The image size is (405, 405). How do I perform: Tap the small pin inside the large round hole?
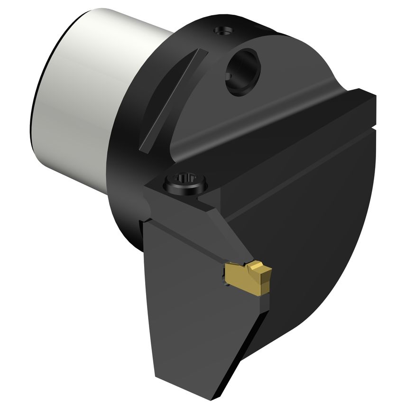click(231, 76)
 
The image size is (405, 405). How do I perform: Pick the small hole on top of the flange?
click(222, 31)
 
